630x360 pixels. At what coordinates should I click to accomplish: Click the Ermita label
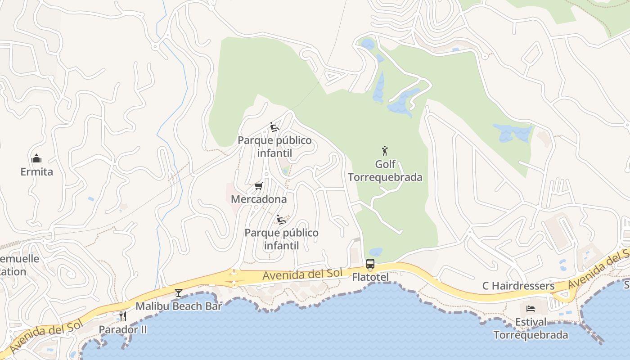click(36, 171)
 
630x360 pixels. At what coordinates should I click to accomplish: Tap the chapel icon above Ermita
click(36, 158)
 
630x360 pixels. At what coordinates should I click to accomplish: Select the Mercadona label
click(259, 199)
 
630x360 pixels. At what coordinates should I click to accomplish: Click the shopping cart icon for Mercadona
click(258, 186)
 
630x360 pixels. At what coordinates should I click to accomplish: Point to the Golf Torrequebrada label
click(385, 171)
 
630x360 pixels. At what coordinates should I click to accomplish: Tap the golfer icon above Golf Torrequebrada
click(385, 151)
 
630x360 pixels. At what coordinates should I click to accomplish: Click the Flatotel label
click(370, 277)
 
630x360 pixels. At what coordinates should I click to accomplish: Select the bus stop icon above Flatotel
click(370, 264)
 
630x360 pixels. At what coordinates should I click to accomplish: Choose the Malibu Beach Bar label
click(179, 306)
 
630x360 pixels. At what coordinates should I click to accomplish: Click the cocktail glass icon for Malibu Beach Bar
click(179, 293)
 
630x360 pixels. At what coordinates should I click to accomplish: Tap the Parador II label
click(123, 329)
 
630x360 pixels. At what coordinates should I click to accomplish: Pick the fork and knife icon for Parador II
click(122, 316)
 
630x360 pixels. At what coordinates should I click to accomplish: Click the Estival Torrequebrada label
click(531, 328)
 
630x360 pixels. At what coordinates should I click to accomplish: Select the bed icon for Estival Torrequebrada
click(531, 309)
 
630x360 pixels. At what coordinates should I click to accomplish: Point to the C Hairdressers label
click(518, 286)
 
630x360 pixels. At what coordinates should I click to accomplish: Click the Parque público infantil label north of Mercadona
click(274, 147)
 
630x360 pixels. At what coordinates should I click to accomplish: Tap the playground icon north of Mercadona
click(274, 127)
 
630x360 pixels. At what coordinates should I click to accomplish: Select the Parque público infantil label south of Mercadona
click(281, 239)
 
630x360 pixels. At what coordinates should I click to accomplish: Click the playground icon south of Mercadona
click(281, 220)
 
